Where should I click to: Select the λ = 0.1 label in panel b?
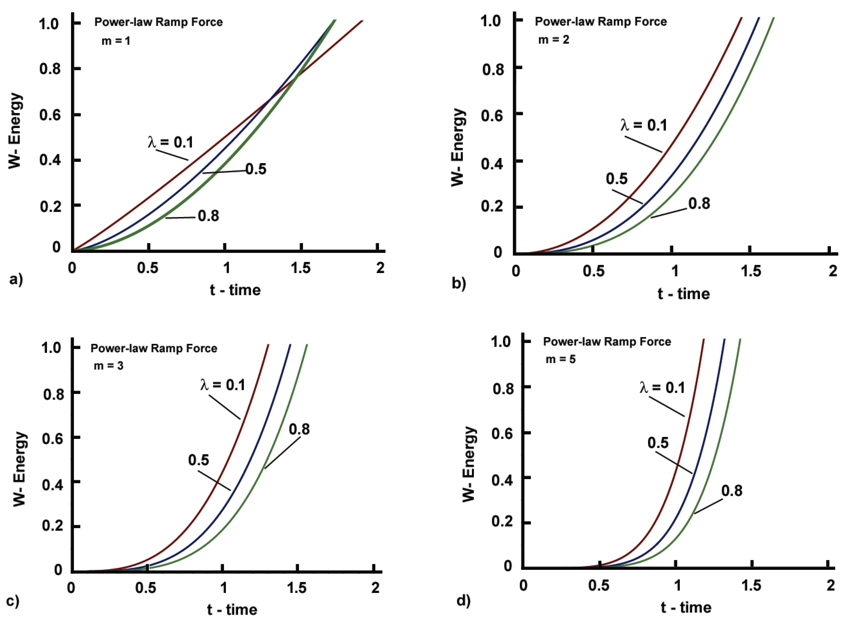(644, 125)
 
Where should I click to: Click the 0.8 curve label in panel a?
(208, 216)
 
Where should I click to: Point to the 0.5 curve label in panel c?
(198, 460)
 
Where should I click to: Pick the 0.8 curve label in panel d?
(732, 491)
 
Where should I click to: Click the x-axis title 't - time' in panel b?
(683, 293)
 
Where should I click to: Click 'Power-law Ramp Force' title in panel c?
(154, 348)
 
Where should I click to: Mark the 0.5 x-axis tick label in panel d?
(599, 586)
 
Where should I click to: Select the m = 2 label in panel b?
(554, 39)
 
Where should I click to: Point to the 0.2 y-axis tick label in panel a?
(50, 206)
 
